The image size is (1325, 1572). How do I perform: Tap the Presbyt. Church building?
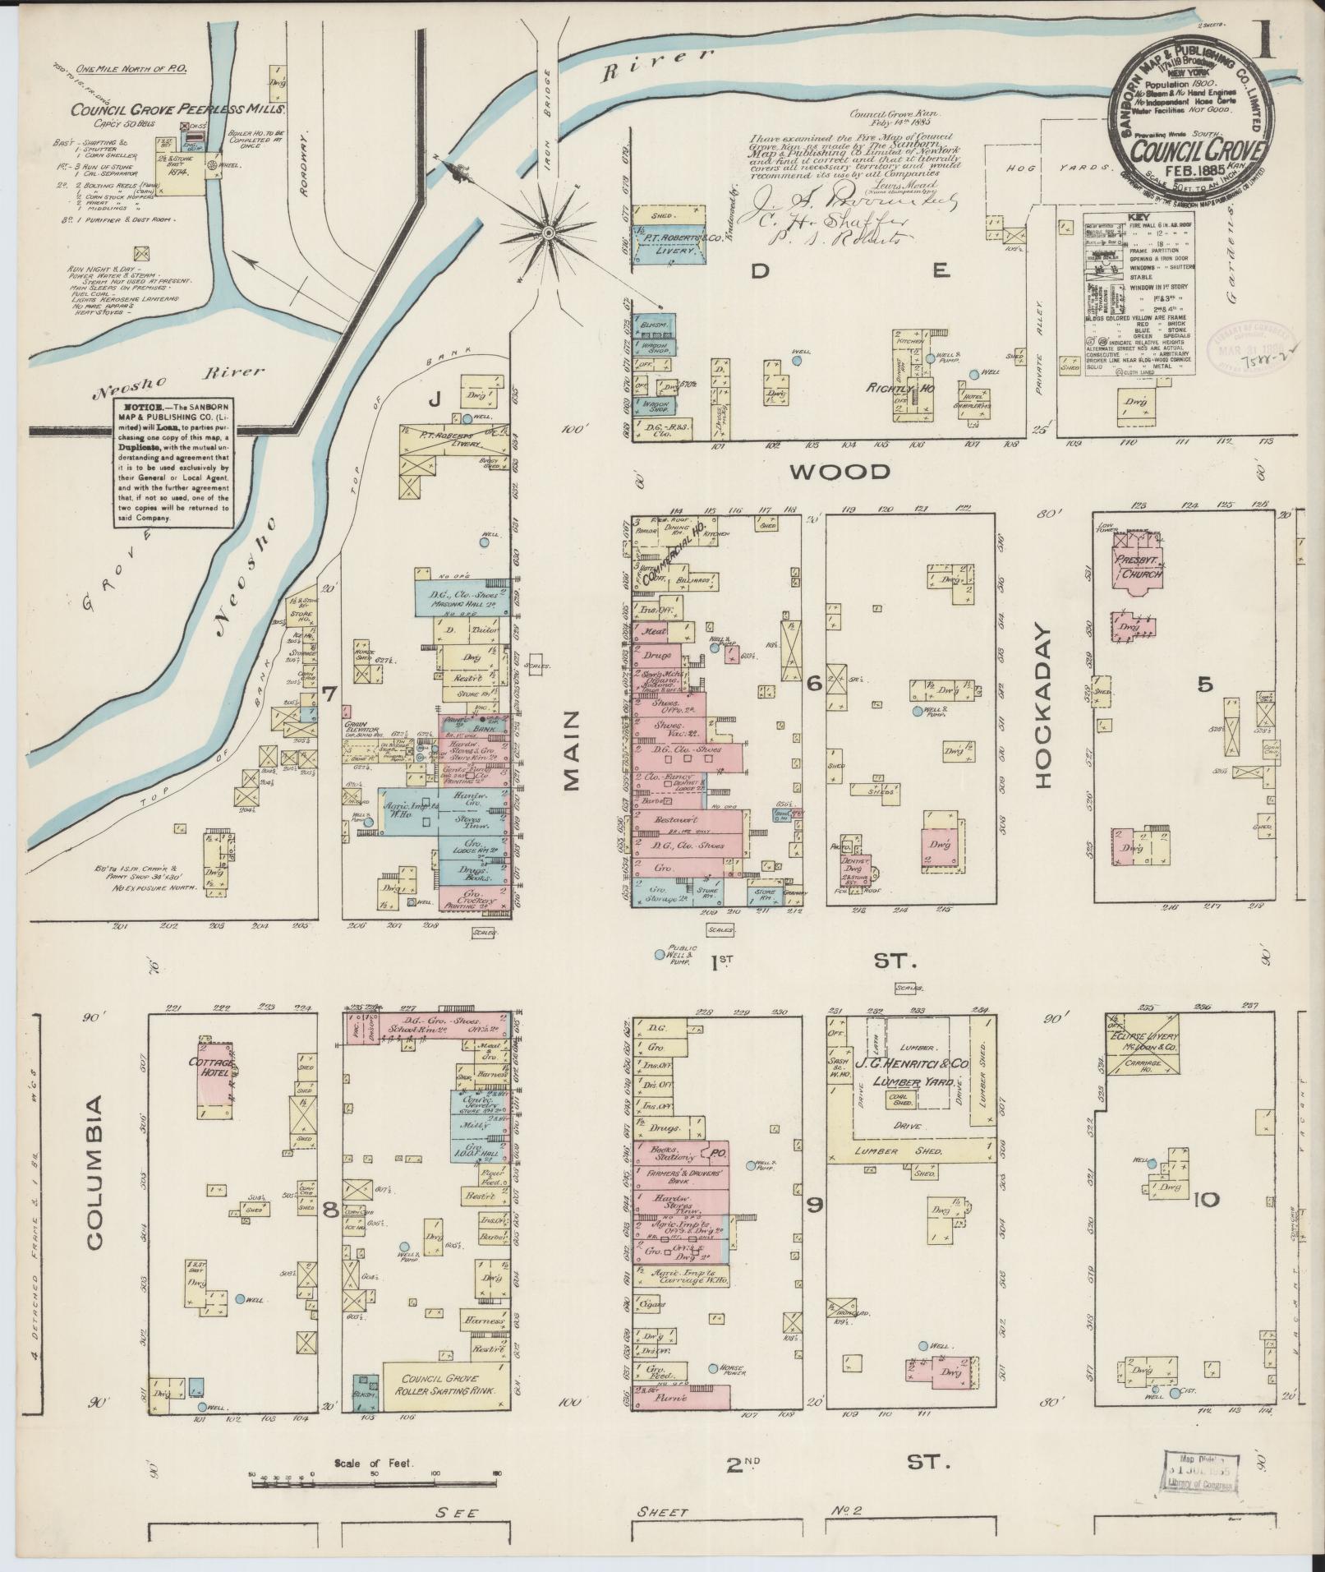pos(1137,567)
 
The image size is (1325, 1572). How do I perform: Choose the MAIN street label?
pos(573,751)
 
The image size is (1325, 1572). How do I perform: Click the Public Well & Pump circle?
pos(659,955)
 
